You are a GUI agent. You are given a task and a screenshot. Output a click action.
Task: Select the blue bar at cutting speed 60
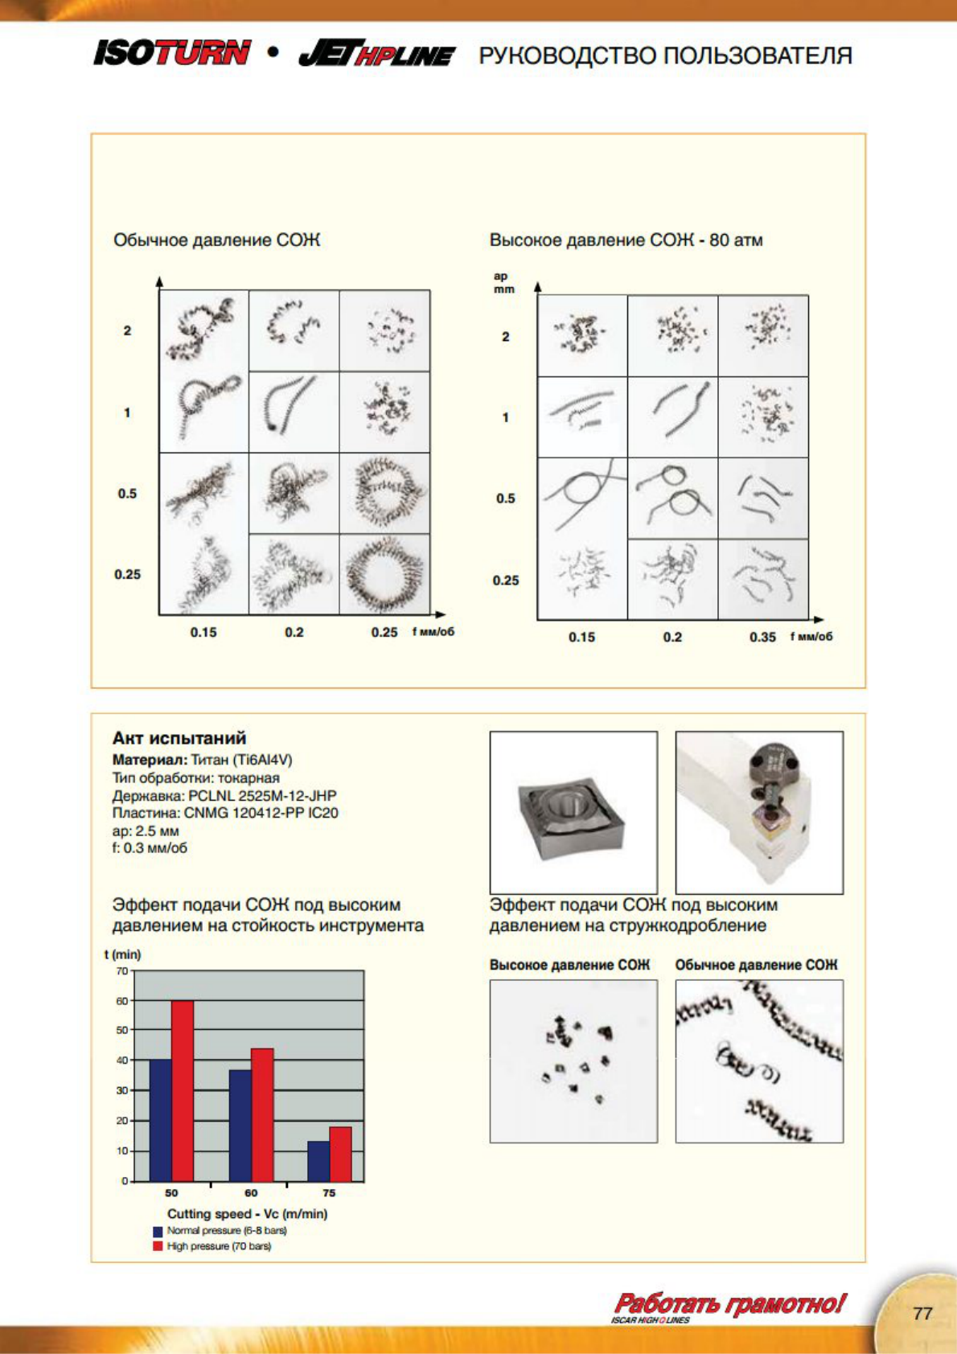(240, 1125)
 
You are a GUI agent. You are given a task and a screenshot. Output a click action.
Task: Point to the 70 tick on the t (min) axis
(122, 971)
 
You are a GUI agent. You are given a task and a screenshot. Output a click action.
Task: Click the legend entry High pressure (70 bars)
(219, 1246)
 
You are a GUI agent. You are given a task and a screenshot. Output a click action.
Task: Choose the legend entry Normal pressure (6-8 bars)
(226, 1231)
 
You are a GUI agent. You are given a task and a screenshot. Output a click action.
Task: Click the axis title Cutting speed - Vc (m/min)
(247, 1214)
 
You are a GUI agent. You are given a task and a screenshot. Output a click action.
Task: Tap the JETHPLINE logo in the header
(376, 54)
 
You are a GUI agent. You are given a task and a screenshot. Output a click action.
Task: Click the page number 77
(922, 1313)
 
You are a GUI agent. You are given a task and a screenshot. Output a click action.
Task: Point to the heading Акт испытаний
(179, 738)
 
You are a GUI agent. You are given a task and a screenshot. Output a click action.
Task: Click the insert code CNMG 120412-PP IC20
(261, 813)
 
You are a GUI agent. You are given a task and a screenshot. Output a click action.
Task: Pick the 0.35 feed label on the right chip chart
(762, 637)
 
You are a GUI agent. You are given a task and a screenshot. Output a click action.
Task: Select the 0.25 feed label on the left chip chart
(384, 632)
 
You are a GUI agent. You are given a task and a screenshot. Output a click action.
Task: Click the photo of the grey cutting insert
(573, 812)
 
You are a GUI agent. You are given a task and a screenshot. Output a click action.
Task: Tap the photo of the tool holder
(759, 812)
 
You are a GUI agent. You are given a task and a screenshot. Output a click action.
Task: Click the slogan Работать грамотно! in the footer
(729, 1303)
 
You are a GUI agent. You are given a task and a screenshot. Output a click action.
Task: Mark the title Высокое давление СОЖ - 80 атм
(626, 240)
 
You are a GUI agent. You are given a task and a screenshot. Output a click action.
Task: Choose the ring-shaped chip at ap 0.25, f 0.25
(384, 574)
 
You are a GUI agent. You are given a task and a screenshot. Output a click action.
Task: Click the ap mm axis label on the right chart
(503, 282)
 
